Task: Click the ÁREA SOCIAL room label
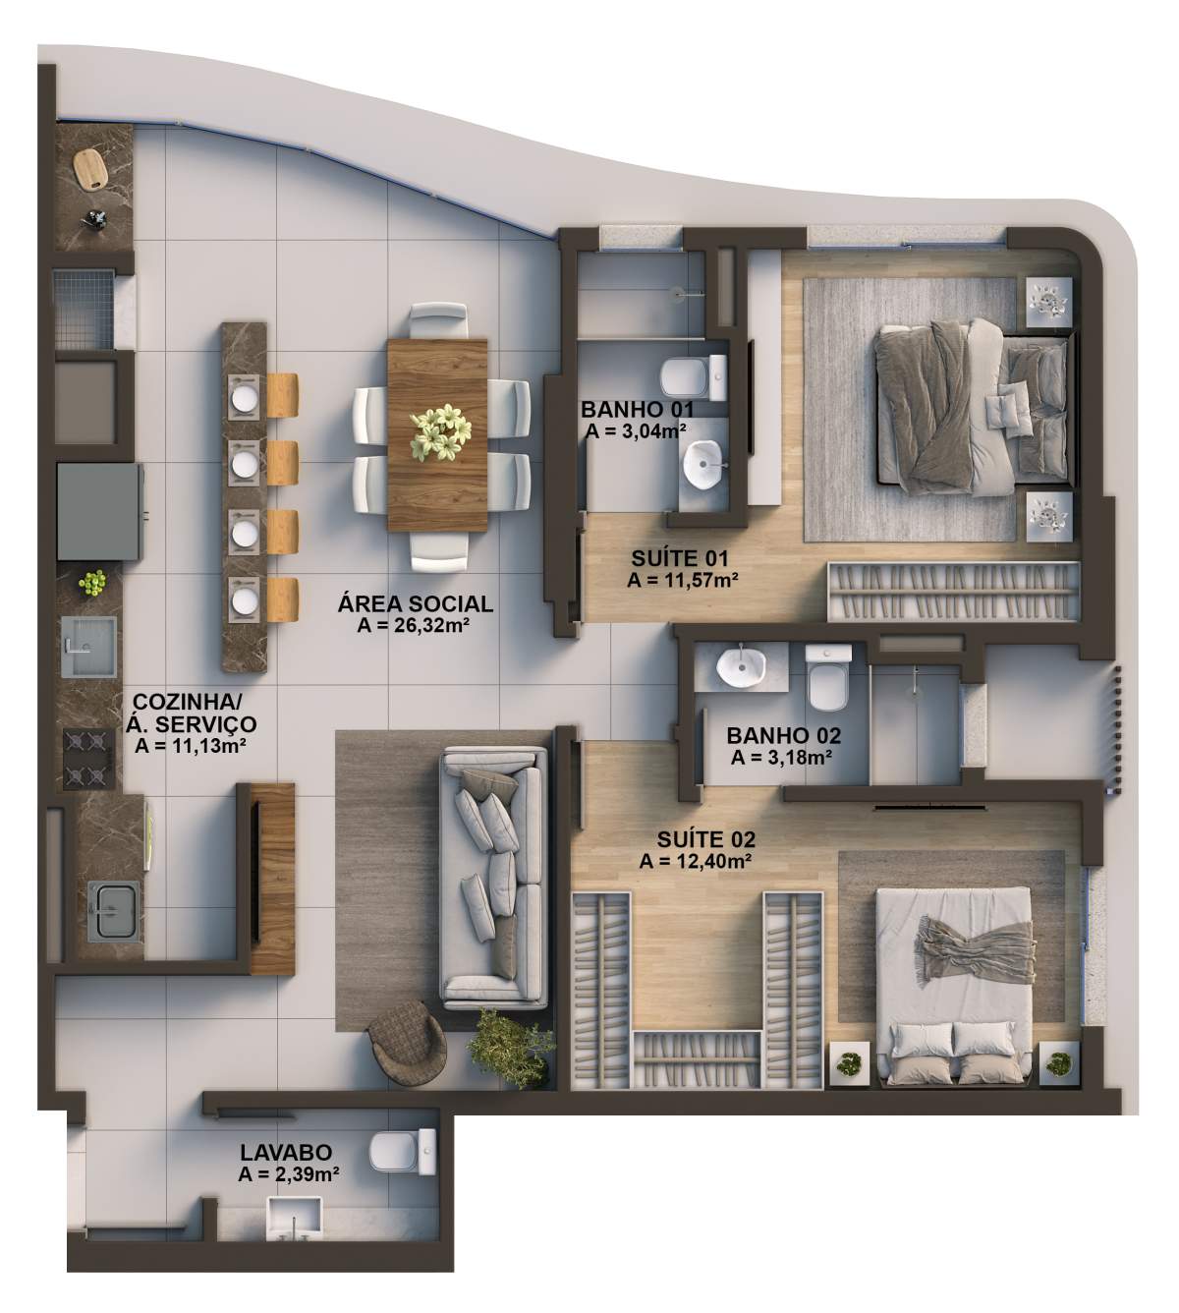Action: tap(416, 604)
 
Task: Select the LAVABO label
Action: tap(286, 1152)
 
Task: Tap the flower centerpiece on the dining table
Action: tap(440, 432)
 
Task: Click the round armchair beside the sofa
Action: tap(408, 1039)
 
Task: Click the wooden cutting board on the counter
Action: tap(90, 168)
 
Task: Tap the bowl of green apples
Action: tap(93, 583)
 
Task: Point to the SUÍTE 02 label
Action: tap(706, 839)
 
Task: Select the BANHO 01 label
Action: tap(637, 410)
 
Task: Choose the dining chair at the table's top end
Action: tap(439, 320)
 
